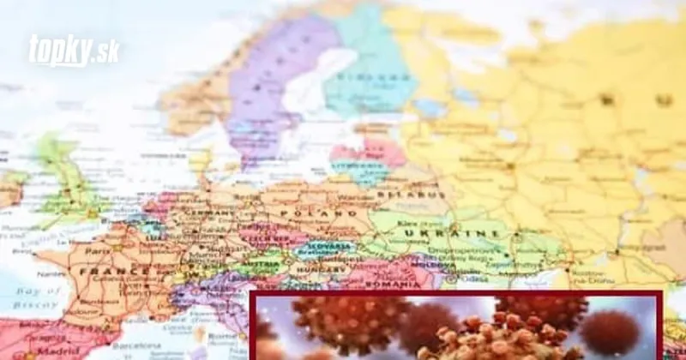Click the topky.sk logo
pos(74,51)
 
